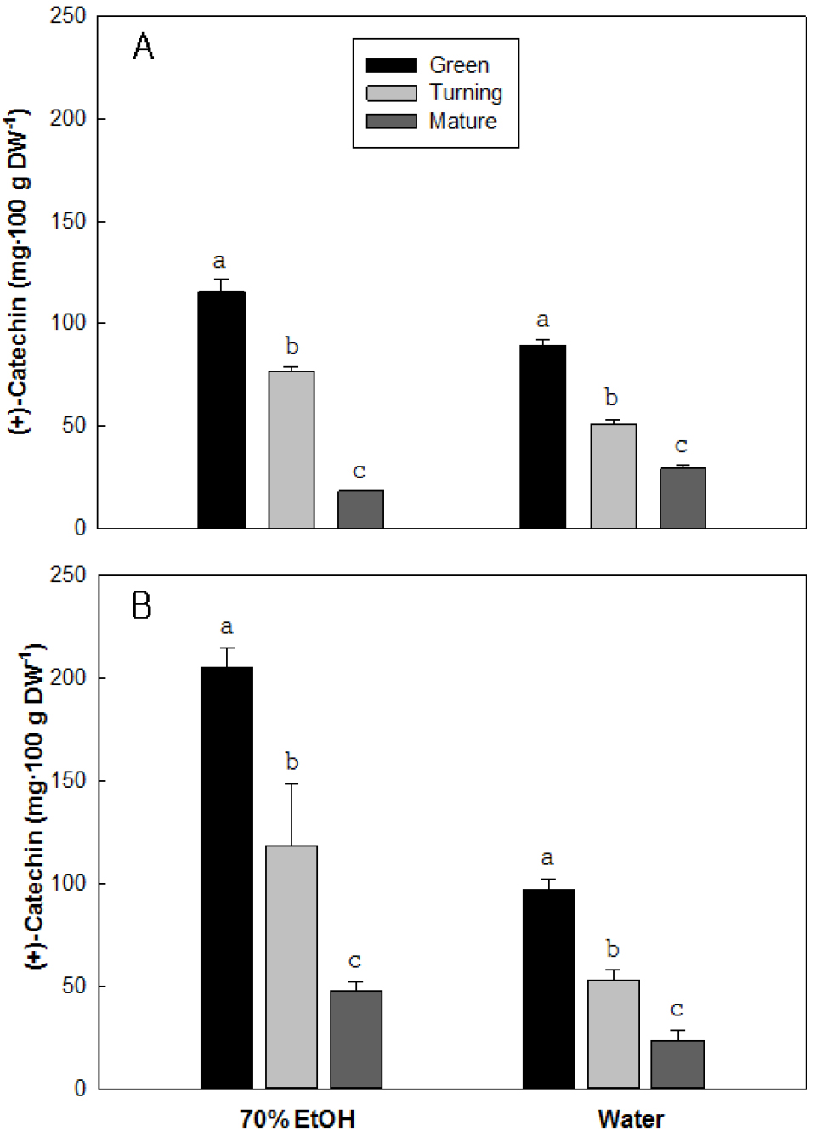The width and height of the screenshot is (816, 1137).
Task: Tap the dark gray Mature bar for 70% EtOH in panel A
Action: (x=360, y=509)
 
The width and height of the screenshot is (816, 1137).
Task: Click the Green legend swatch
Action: (x=391, y=65)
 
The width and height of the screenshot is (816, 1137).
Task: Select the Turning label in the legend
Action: (x=465, y=93)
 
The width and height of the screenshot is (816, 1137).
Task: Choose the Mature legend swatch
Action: (x=391, y=122)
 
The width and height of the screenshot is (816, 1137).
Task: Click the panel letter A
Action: (x=143, y=47)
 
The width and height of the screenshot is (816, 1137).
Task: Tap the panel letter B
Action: (x=141, y=606)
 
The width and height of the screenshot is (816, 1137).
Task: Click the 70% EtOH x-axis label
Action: (x=297, y=1118)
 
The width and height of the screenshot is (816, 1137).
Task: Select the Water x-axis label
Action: (x=631, y=1118)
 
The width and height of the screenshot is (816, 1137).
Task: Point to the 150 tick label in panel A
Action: (x=68, y=221)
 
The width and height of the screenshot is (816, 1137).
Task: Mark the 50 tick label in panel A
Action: (x=74, y=425)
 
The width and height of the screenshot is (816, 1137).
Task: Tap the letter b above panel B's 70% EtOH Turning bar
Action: (x=292, y=761)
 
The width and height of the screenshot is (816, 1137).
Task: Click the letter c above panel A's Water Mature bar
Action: (x=681, y=445)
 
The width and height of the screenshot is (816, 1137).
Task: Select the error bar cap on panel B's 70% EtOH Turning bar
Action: (x=292, y=783)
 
